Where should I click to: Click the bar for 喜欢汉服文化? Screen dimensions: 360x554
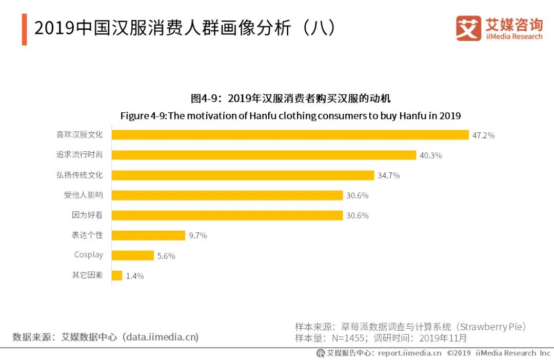(290, 135)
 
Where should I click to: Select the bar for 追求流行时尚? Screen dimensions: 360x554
(264, 155)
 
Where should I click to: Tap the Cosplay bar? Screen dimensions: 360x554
(133, 255)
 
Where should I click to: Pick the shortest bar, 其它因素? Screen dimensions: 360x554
(117, 275)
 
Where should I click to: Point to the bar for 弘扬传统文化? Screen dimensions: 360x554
(243, 175)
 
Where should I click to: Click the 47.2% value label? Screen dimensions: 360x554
(483, 135)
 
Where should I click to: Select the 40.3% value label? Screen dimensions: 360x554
(430, 155)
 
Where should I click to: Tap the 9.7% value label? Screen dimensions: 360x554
(197, 236)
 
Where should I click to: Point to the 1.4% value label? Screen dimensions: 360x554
(134, 276)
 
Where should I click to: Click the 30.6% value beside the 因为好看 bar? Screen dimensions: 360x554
(357, 215)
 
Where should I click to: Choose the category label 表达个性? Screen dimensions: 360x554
(87, 235)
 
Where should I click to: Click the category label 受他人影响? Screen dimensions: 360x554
(83, 195)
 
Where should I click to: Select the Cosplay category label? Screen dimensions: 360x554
(88, 255)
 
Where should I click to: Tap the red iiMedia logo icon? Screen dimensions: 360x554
(468, 28)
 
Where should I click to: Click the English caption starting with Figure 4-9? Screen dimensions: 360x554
(290, 115)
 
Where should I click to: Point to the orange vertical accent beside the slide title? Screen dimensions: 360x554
(24, 30)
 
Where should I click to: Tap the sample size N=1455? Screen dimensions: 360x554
(348, 338)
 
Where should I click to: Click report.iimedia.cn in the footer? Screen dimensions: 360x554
(409, 353)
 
